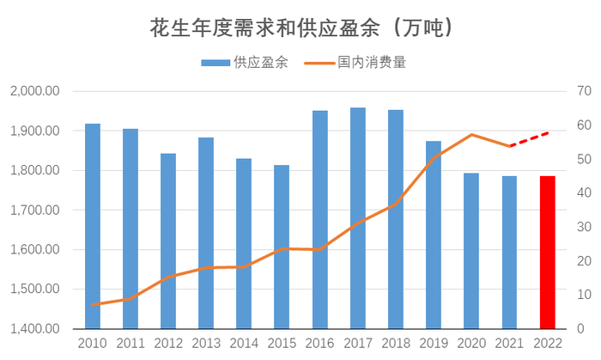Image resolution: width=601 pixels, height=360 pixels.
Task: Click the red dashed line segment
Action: tap(529, 139)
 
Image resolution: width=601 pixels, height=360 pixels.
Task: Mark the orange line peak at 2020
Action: tap(471, 135)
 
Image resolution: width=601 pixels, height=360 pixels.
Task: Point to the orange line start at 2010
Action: tap(93, 305)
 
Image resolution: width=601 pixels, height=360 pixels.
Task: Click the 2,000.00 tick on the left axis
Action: tap(34, 91)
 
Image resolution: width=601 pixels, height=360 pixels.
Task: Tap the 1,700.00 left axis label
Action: tap(34, 210)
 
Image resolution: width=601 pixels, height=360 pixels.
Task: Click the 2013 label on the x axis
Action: tap(206, 344)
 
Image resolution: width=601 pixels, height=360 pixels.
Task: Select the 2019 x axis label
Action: tap(434, 344)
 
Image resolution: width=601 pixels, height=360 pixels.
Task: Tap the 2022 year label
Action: tap(547, 344)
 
